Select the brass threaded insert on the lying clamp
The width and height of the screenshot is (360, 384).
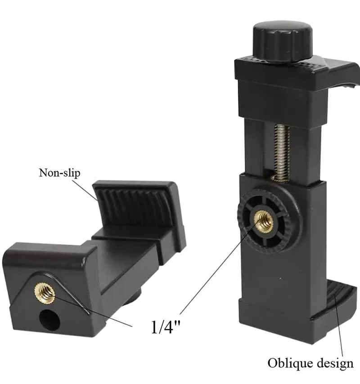[45, 292]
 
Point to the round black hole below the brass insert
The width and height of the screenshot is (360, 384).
[50, 320]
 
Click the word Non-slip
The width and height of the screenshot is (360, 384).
[59, 173]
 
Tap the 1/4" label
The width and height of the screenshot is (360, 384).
[165, 327]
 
